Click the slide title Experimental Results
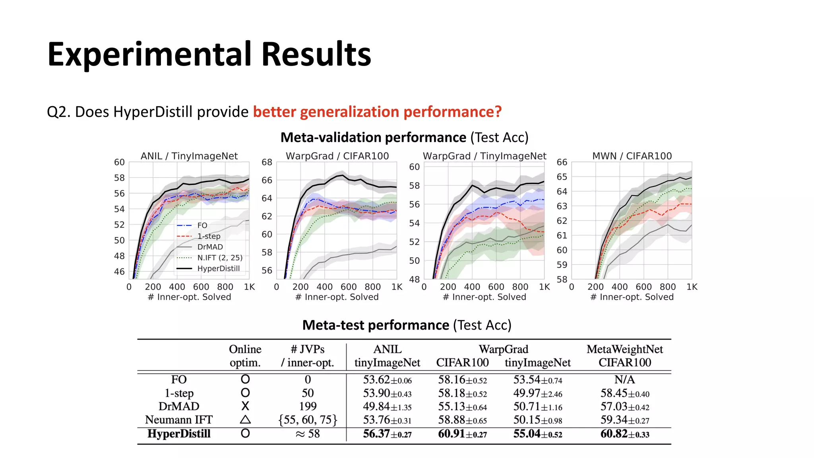(209, 54)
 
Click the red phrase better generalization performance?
(377, 112)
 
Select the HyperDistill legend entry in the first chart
(218, 268)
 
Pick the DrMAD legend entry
(210, 247)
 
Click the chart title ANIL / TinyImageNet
(189, 156)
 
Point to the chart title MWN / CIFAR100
(632, 156)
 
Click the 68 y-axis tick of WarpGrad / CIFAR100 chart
(267, 162)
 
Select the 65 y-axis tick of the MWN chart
(562, 177)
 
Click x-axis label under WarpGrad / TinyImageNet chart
(484, 297)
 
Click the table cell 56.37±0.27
(387, 434)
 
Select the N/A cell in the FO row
(624, 380)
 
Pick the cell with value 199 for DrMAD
(308, 406)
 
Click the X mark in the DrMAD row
(245, 406)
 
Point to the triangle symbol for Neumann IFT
(245, 419)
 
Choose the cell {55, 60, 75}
(308, 420)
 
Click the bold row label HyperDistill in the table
(179, 434)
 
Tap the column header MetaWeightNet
(624, 349)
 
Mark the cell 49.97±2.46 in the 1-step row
(537, 393)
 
